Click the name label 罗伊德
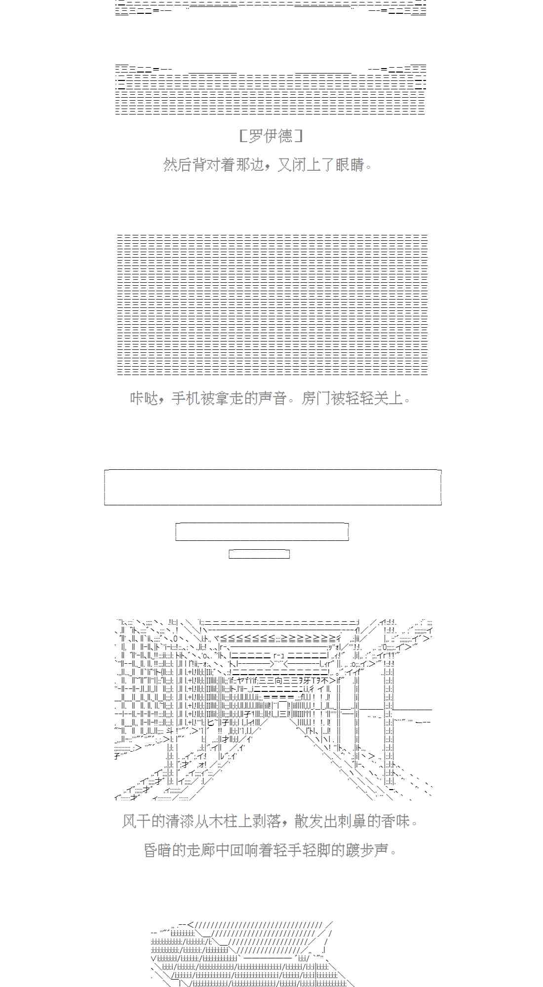(x=271, y=136)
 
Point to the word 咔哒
(x=144, y=398)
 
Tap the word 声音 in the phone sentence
(x=272, y=398)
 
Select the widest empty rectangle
(x=272, y=487)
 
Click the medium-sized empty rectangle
(x=262, y=532)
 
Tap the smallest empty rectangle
(x=259, y=554)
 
